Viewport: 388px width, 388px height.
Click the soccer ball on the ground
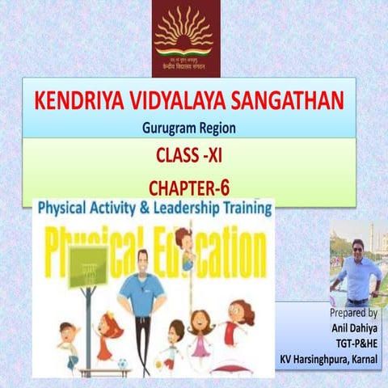pos(123,365)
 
